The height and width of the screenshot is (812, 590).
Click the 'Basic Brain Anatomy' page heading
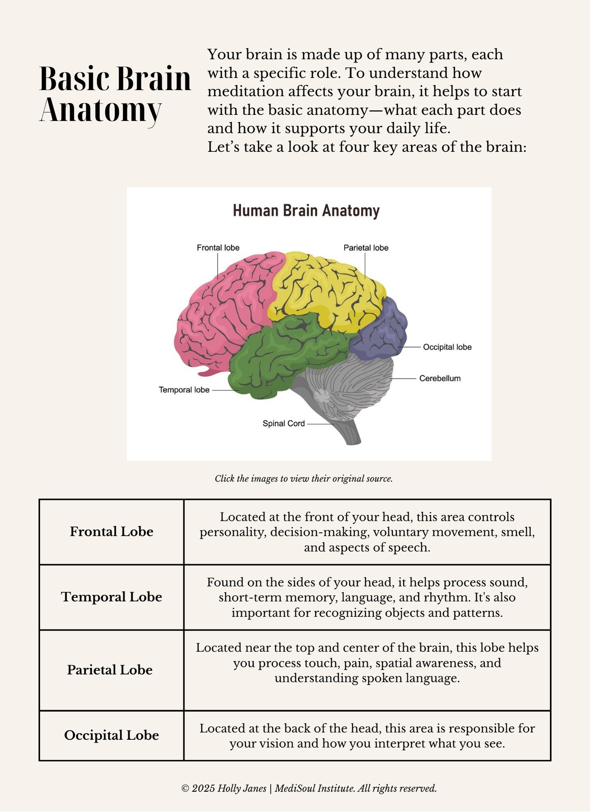[x=114, y=94]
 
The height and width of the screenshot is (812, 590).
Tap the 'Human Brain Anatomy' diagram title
[x=306, y=211]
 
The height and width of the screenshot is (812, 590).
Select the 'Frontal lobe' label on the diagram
[x=218, y=248]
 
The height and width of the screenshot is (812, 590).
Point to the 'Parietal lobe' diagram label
[x=366, y=248]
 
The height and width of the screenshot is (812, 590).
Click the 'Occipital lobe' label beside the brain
[x=447, y=347]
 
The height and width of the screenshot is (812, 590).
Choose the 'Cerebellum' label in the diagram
[x=440, y=378]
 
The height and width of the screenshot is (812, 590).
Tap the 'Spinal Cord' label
[x=283, y=423]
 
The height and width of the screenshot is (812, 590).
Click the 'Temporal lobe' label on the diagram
[x=184, y=390]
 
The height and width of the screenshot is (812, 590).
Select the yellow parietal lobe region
[x=325, y=288]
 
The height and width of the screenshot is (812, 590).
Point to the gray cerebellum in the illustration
[x=353, y=386]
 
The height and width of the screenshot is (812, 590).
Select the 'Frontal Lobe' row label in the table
[x=112, y=531]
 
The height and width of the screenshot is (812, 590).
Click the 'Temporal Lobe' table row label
[x=112, y=597]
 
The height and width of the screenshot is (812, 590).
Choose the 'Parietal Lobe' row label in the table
[x=110, y=670]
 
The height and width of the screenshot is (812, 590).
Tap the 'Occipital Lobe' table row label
[x=112, y=735]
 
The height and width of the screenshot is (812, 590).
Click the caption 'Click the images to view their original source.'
[x=304, y=479]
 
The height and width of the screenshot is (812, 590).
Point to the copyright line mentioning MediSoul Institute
[x=309, y=788]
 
